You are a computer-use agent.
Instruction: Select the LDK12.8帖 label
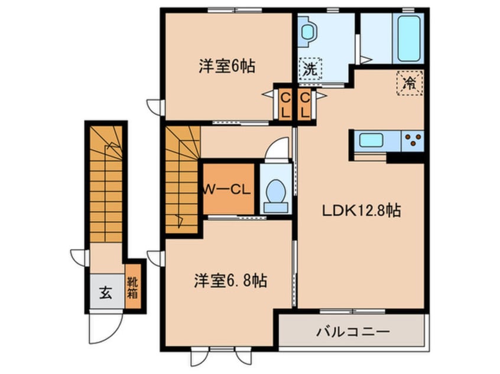(361, 211)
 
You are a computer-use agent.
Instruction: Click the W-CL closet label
(228, 190)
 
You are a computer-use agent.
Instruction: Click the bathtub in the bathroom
(409, 39)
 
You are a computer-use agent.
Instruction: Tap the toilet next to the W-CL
(276, 195)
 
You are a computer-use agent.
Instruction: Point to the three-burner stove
(413, 140)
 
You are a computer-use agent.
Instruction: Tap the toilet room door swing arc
(275, 150)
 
